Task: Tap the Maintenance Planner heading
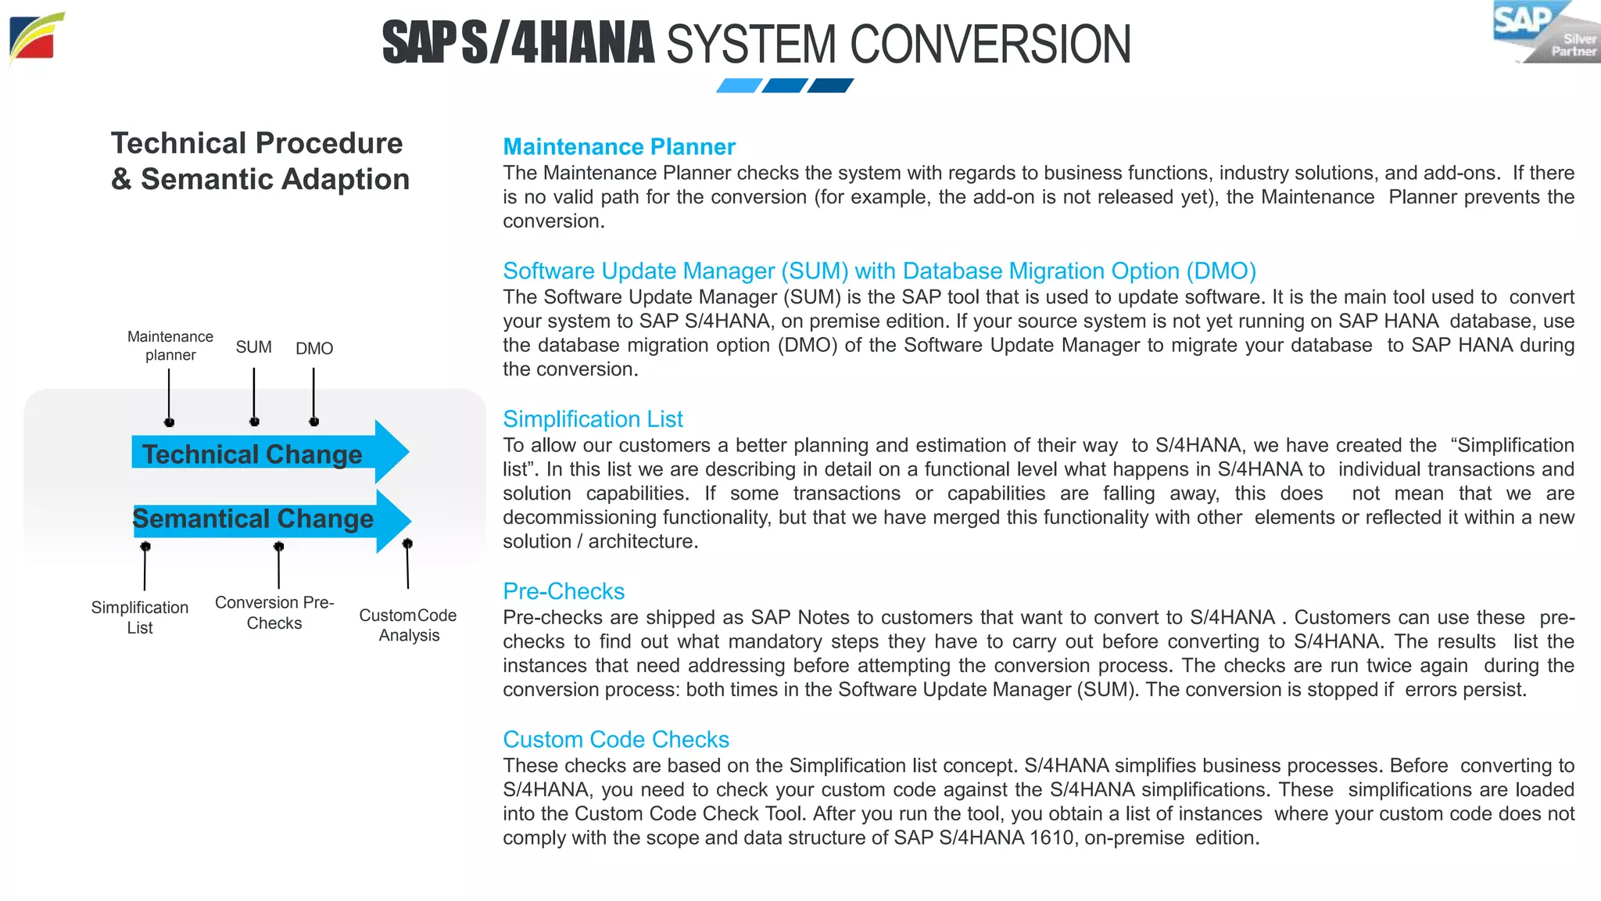point(618,147)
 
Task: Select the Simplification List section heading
point(593,419)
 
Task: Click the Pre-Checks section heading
point(564,591)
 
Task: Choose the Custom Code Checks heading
point(616,739)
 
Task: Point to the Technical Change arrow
point(266,453)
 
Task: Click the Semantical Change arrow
point(266,519)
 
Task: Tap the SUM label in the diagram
point(254,347)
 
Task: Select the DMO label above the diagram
point(314,349)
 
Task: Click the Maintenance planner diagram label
point(170,346)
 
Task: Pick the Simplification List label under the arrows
point(140,617)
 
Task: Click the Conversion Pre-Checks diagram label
point(274,612)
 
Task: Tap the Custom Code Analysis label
point(408,625)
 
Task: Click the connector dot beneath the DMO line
point(314,422)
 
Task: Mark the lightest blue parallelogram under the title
point(739,85)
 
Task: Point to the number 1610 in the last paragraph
point(1051,838)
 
